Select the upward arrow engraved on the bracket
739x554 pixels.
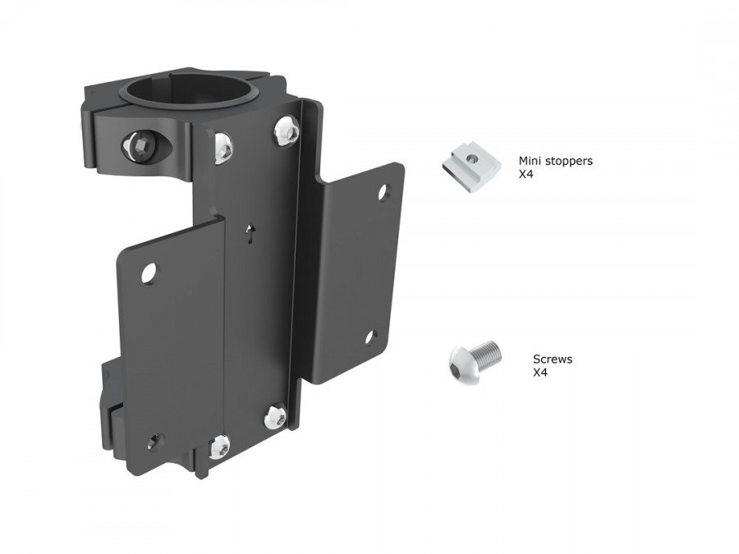[251, 234]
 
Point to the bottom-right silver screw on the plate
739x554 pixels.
[275, 417]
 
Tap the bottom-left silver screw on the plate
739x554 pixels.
[218, 446]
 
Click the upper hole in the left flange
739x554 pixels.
[149, 273]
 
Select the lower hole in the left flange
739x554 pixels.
[154, 442]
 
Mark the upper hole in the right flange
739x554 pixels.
[383, 191]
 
